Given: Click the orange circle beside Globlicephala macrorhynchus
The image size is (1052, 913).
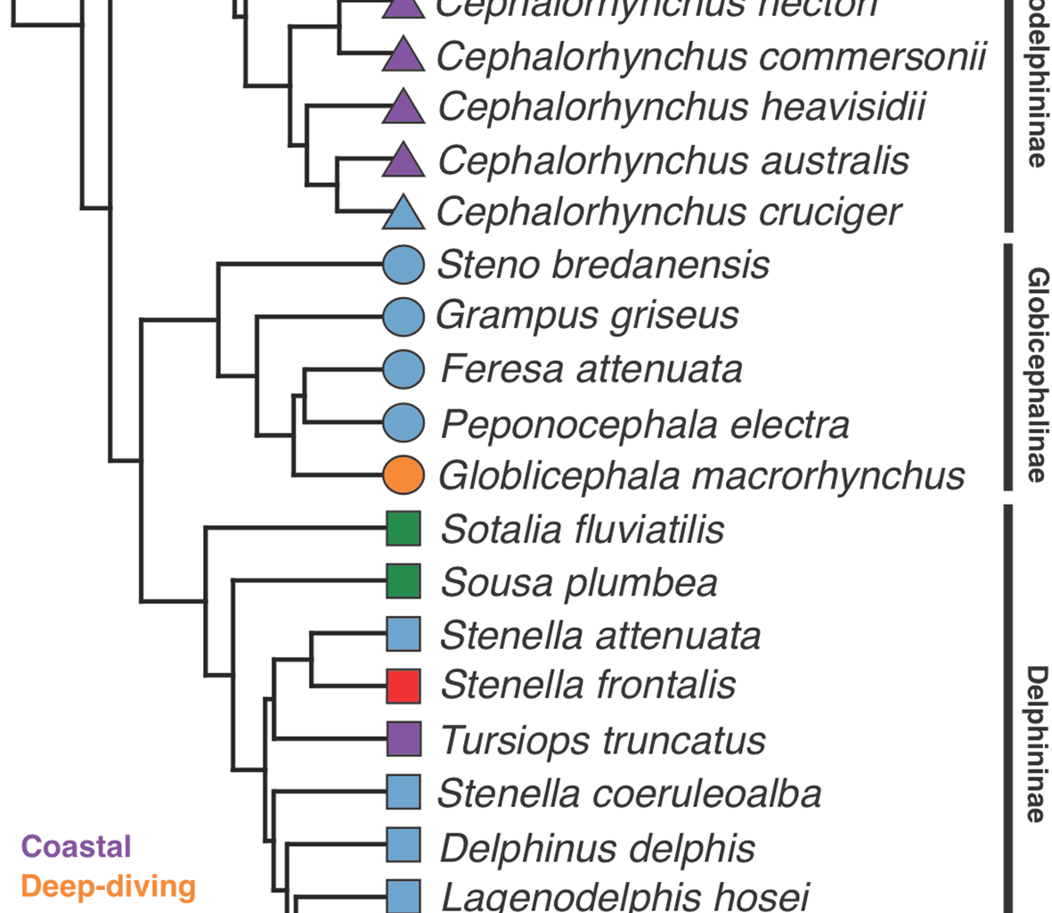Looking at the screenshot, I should pos(404,474).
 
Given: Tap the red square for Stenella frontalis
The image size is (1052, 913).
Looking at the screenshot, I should pos(404,686).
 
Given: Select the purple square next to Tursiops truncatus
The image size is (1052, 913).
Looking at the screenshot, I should pos(404,739).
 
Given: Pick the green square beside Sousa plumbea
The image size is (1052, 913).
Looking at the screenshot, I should pos(404,581).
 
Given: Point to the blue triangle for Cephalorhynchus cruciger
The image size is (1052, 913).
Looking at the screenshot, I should pos(404,214).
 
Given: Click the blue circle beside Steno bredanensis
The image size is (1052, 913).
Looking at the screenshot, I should pos(404,265).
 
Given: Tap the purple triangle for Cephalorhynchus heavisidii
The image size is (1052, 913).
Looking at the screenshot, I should pos(404,109).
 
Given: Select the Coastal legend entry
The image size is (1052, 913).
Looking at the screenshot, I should pos(77,846).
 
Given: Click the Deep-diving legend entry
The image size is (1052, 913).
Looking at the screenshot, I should pos(108,886).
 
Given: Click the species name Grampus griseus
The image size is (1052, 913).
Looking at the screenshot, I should pos(587,316).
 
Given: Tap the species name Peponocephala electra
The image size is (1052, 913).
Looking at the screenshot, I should pos(645,424).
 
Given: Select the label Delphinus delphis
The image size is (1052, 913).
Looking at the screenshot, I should pos(598,848).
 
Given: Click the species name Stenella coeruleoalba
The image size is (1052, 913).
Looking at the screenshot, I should pos(630,794).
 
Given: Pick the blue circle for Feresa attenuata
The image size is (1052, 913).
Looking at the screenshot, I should pos(404,369).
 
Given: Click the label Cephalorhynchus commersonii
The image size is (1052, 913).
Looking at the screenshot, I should pos(712,56).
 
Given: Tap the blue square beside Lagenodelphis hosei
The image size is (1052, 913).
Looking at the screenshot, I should pos(404,896).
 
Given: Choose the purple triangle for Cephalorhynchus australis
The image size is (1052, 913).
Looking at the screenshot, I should pos(404,161).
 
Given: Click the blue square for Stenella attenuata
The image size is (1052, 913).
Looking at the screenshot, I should pos(404,634).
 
